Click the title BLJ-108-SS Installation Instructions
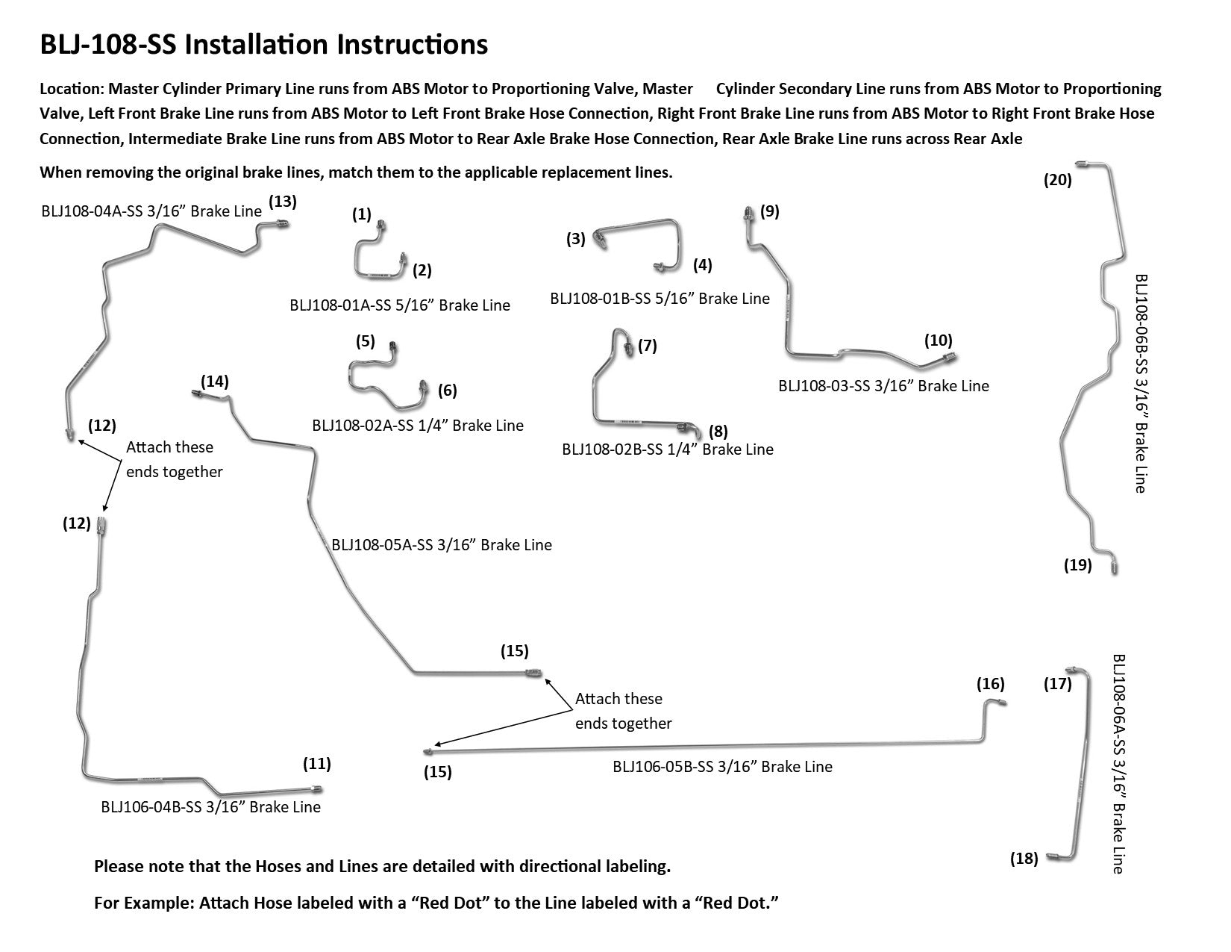[x=263, y=46]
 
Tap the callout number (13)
[x=283, y=201]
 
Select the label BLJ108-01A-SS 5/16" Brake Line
[x=400, y=305]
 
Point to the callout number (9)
[x=769, y=211]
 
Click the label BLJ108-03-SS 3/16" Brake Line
[x=883, y=386]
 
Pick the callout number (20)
[x=1057, y=180]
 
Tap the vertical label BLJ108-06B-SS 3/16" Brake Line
[x=1140, y=383]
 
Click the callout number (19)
[x=1077, y=565]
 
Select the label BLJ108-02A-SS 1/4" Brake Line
[x=418, y=426]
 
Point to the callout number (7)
[x=647, y=346]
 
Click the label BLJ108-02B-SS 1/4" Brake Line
[x=668, y=449]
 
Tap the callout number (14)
[x=215, y=382]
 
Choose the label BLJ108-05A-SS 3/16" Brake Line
[x=442, y=545]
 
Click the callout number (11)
[x=316, y=764]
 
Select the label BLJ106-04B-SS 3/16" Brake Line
[x=210, y=807]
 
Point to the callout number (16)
[x=991, y=684]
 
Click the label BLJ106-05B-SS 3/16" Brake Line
[x=722, y=767]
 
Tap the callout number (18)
[x=1024, y=859]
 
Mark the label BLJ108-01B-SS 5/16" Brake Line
[x=660, y=299]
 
